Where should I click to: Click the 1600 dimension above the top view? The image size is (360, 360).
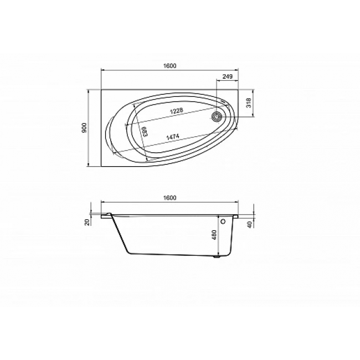click(169, 66)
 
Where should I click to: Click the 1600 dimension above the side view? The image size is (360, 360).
click(169, 198)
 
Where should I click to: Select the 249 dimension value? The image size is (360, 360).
click(227, 76)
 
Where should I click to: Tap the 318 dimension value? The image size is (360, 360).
click(249, 103)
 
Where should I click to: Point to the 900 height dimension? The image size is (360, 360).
click(84, 128)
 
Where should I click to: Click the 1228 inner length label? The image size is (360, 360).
click(177, 111)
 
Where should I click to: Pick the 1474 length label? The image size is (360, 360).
click(172, 137)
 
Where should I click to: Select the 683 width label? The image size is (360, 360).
click(145, 132)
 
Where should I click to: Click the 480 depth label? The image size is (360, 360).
click(214, 235)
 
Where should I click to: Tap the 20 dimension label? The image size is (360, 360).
click(88, 222)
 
